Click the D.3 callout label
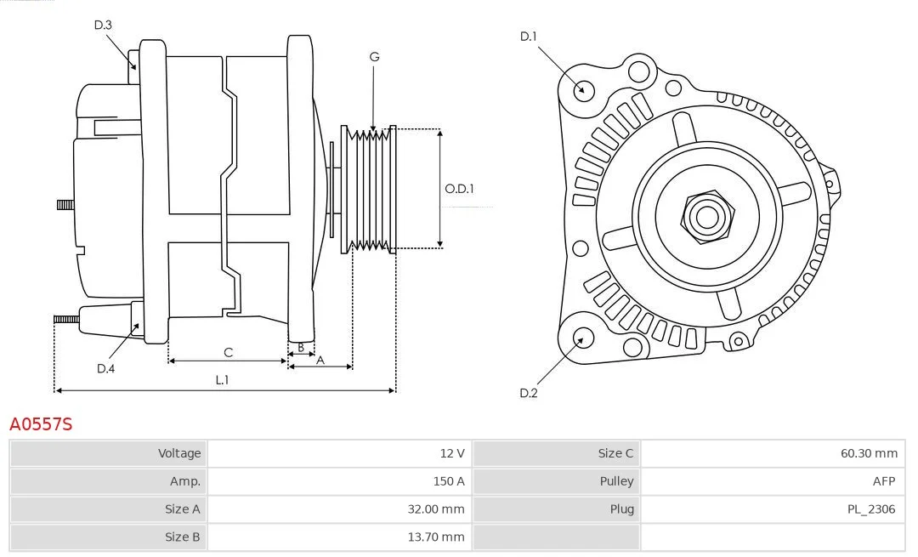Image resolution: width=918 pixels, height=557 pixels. click(x=103, y=25)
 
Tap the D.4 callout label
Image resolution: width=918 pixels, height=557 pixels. click(x=106, y=368)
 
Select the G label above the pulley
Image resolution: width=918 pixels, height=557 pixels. click(x=375, y=57)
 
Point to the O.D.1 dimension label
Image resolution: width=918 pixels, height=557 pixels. click(x=459, y=189)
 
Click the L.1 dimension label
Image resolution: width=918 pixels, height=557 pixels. click(x=222, y=379)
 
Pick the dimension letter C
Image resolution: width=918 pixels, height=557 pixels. click(x=229, y=352)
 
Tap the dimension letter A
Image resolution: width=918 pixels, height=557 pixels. click(x=320, y=361)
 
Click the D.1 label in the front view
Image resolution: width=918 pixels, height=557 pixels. click(x=529, y=37)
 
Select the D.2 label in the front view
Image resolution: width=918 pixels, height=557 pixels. click(x=529, y=393)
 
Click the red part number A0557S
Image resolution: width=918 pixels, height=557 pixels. click(x=41, y=424)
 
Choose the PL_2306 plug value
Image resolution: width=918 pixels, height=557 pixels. click(x=871, y=509)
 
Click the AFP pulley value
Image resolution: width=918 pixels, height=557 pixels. click(x=884, y=481)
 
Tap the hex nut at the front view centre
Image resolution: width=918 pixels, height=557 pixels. click(x=707, y=216)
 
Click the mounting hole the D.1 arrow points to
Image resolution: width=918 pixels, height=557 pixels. click(x=582, y=89)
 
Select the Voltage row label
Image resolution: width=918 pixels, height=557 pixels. click(x=179, y=453)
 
